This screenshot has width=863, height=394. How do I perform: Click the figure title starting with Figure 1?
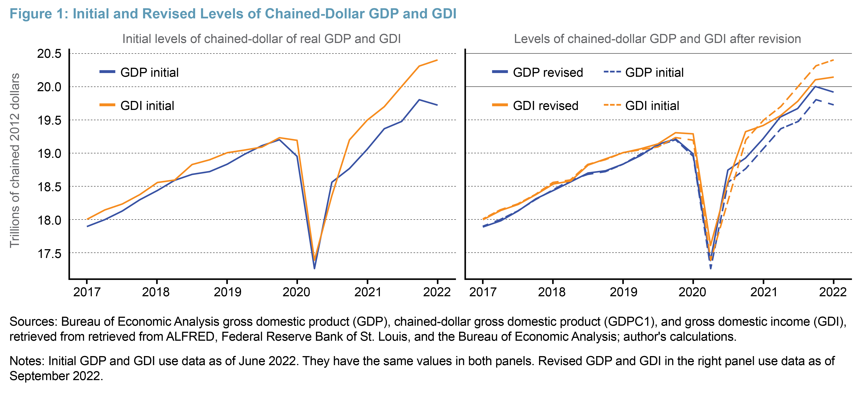[233, 14]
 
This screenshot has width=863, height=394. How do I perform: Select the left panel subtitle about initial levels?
[261, 39]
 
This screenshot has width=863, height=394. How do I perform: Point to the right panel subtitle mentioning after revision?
[657, 39]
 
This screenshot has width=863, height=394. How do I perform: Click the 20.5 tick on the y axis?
[49, 54]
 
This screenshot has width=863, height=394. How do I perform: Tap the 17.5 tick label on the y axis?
[49, 253]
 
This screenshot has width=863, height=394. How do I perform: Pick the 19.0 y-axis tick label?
[49, 154]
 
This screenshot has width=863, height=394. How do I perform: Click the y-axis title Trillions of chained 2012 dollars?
[15, 160]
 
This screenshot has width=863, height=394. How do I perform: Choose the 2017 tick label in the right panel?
[482, 292]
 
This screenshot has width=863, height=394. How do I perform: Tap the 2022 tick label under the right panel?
[833, 292]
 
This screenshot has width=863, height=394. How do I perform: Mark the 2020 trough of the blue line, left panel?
[314, 268]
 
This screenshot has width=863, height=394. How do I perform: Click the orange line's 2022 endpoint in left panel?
[437, 60]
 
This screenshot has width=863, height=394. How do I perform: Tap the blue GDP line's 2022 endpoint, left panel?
[437, 105]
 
